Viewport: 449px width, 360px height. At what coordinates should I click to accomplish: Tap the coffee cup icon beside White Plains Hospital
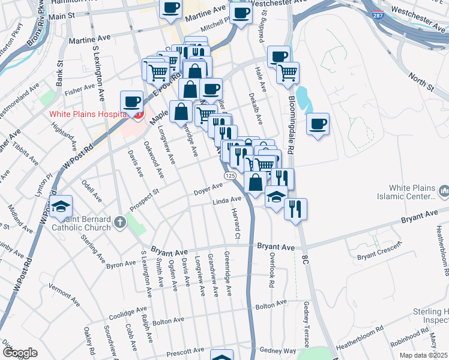coord(131,101)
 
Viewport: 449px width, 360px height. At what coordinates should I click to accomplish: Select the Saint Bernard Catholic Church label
coord(81,223)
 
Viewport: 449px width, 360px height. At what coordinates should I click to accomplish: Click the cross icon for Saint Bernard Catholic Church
coord(120,223)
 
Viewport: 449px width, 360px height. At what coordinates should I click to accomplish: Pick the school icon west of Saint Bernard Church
coord(61,206)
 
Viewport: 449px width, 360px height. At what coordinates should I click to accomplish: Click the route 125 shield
coord(230,175)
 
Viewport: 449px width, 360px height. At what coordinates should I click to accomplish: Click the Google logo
coord(20,353)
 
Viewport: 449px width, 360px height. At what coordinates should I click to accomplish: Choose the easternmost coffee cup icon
coord(318,124)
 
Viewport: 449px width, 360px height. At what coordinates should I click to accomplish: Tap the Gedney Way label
coord(282,350)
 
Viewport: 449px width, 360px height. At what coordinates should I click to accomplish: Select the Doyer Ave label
coord(208,190)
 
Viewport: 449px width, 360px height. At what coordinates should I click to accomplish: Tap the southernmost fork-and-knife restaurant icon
coord(295,208)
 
